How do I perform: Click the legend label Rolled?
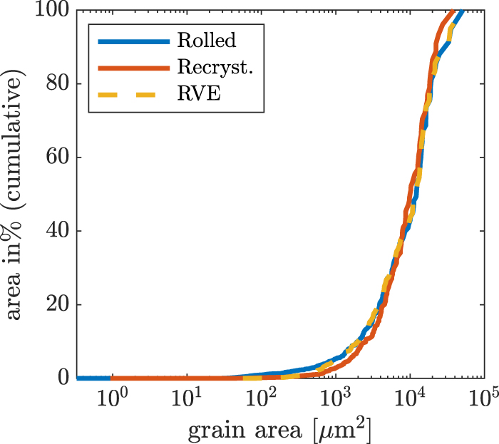(206, 41)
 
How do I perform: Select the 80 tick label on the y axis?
(55, 84)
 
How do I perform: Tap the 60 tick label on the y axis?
(55, 158)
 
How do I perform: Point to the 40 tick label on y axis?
(55, 231)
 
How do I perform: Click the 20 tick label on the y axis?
(55, 304)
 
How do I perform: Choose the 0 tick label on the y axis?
(61, 378)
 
